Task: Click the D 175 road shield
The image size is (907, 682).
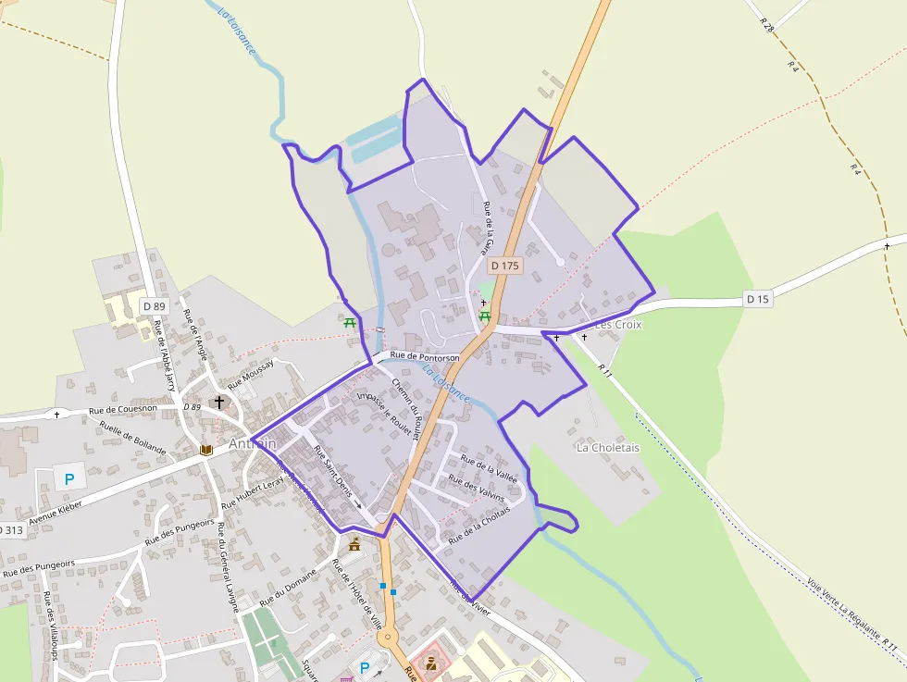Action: (505, 266)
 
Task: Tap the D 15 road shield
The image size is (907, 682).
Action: (757, 299)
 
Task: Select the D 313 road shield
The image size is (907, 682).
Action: (10, 530)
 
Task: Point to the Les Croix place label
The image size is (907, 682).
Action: (618, 325)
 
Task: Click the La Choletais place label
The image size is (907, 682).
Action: (608, 448)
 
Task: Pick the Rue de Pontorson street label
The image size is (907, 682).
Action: (425, 356)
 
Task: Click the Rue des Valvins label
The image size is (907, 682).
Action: (476, 487)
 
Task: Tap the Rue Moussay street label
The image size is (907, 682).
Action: (251, 372)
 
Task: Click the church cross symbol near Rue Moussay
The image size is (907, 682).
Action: (219, 403)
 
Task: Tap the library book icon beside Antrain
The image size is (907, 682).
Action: (206, 450)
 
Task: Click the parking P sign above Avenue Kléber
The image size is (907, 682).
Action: (68, 480)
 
